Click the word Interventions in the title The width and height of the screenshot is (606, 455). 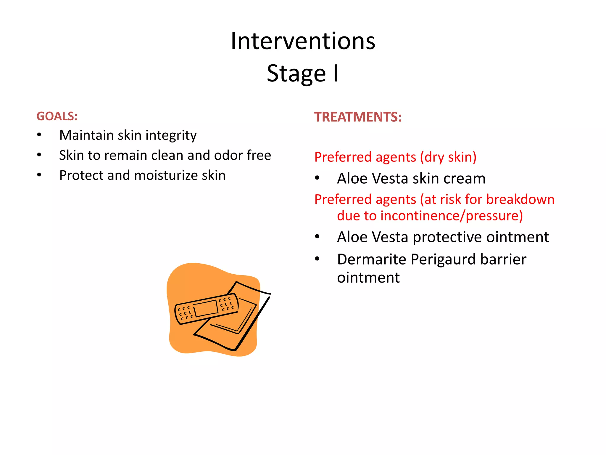tap(303, 41)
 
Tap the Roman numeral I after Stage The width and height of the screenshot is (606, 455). tap(336, 73)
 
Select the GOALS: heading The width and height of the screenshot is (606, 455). tap(57, 116)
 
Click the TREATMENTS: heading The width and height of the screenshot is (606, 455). tap(358, 117)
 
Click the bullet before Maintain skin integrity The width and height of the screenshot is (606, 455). tap(39, 135)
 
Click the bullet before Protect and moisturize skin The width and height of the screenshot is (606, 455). tap(39, 175)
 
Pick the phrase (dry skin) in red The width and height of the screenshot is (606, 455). tap(448, 157)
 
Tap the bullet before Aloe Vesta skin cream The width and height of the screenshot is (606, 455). tap(317, 178)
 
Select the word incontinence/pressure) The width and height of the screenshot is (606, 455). tap(451, 216)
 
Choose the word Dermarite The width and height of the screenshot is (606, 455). tap(371, 259)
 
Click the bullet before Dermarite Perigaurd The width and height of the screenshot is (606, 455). tap(317, 259)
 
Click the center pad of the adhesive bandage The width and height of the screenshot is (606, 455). tap(206, 308)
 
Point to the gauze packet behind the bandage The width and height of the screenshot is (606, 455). tap(237, 326)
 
